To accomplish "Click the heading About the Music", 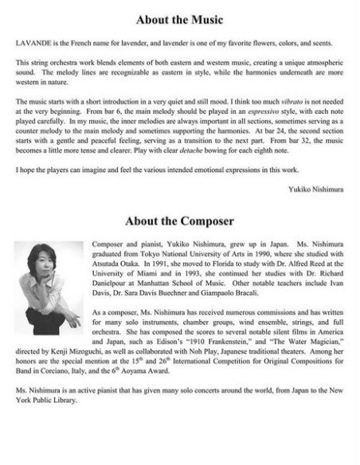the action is pyautogui.click(x=180, y=19).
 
